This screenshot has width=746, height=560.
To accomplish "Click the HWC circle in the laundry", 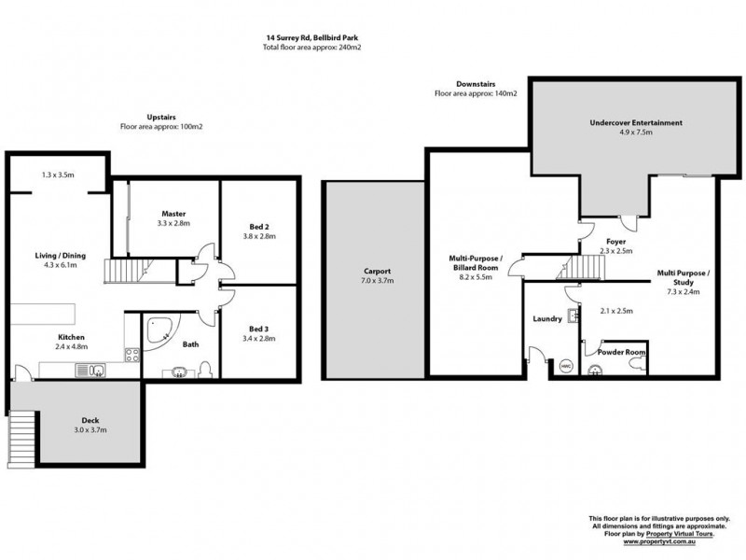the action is [x=566, y=366].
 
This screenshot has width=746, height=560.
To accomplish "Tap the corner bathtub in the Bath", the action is [x=160, y=331].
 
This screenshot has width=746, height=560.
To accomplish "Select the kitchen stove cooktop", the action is [x=132, y=355].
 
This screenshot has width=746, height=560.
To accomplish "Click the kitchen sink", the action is [x=90, y=370].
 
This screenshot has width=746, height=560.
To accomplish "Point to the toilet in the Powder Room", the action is [x=638, y=365].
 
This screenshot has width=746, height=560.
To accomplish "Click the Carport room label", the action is [x=378, y=272].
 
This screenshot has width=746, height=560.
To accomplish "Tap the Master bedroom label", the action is [x=173, y=214].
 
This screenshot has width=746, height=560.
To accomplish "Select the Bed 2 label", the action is [x=259, y=227].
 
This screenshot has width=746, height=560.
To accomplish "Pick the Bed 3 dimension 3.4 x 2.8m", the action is [x=259, y=339].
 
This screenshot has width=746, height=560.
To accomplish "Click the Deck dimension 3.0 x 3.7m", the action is [x=90, y=430].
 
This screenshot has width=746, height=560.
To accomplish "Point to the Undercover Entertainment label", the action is [x=636, y=123].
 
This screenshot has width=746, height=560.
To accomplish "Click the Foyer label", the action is [x=616, y=242].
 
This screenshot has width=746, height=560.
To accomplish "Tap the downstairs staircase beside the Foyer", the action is [x=581, y=267].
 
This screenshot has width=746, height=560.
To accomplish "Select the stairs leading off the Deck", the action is [x=21, y=439].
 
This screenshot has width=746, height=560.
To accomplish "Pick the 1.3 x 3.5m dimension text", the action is [x=58, y=175].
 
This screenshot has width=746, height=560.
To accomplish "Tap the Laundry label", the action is [x=547, y=319].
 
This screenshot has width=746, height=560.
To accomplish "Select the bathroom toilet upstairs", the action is [x=205, y=370].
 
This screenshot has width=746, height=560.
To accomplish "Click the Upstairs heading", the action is [x=161, y=118].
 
